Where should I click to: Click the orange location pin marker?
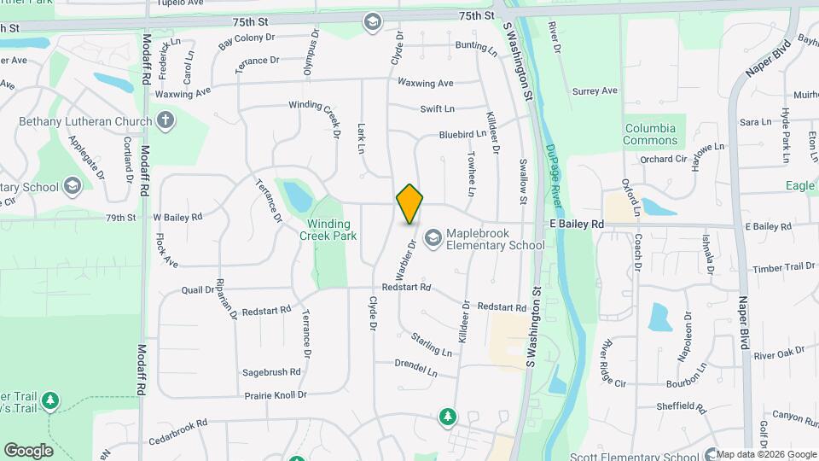pos(409,204)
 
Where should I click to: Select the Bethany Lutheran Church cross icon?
pos(165,121)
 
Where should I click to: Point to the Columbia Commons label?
pos(650,134)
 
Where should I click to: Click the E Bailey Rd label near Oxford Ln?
pos(575,224)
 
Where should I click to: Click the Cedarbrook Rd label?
pos(178,423)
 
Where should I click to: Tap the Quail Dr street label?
pos(198,290)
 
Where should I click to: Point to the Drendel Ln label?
pos(415,368)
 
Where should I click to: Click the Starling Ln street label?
pos(432,346)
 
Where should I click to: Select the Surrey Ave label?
pos(595,90)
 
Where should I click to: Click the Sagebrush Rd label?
pos(272,372)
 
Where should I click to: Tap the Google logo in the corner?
pos(29,450)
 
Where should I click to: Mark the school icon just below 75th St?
pos(373,21)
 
